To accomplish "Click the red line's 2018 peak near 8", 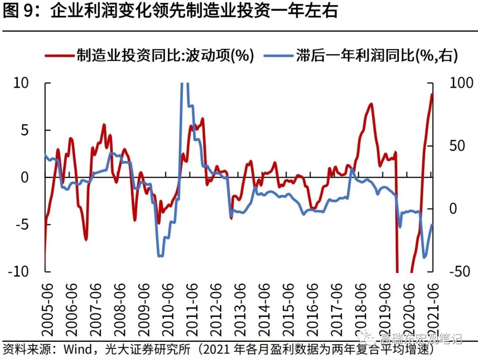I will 371,104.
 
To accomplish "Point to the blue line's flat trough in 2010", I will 160,256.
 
